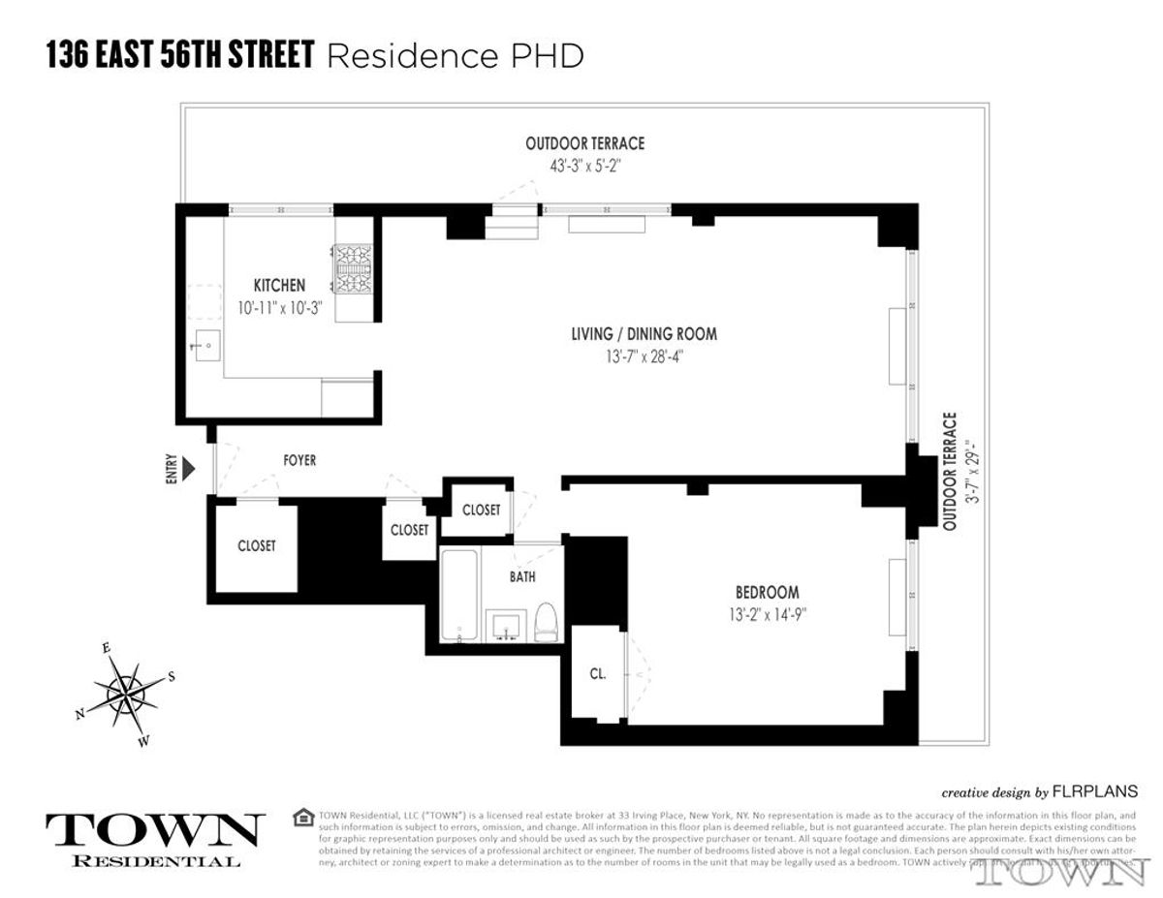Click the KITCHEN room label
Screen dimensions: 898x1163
point(279,286)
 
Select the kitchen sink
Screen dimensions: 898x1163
point(208,345)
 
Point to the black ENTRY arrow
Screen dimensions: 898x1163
point(189,470)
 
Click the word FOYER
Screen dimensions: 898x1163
point(299,460)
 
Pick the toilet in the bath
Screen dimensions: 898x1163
point(547,621)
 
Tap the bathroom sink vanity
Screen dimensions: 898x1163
point(504,626)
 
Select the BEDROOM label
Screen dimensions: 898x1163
point(767,593)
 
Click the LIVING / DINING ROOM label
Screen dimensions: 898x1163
point(644,334)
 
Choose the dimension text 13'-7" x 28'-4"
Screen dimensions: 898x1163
point(644,356)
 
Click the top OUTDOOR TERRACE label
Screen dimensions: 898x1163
point(584,143)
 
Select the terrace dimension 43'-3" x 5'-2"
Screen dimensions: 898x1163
point(584,165)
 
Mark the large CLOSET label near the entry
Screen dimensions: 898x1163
point(257,546)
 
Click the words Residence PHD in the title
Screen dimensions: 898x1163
point(456,56)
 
